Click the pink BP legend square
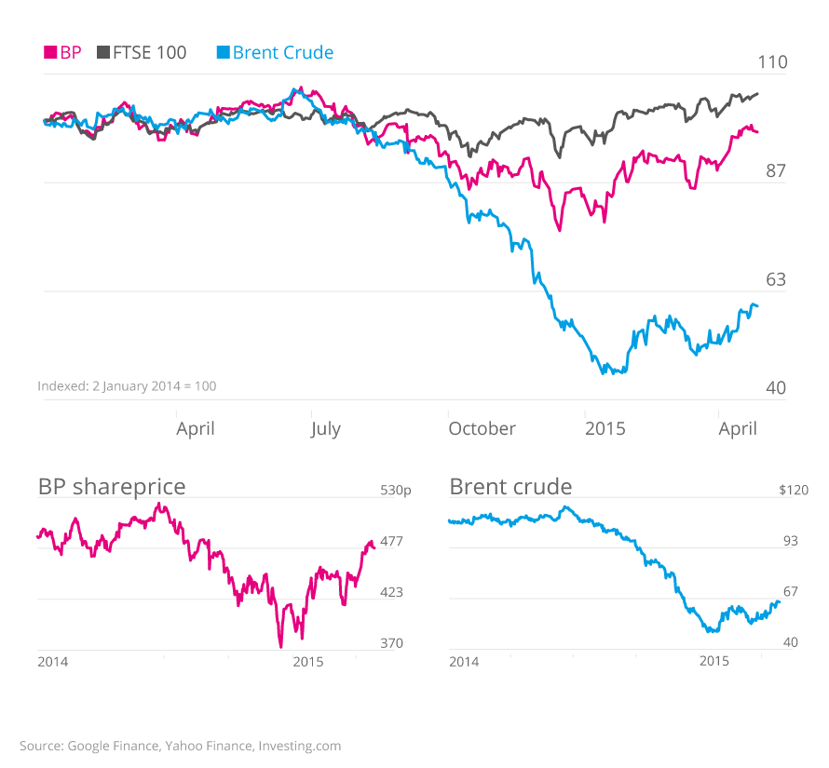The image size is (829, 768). (50, 53)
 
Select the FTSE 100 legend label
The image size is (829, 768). (149, 53)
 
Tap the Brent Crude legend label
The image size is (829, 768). (282, 53)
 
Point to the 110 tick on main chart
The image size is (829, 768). (772, 62)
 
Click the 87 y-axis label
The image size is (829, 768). (775, 171)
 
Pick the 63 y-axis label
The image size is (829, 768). (775, 279)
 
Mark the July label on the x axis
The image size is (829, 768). (325, 428)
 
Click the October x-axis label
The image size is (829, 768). (482, 428)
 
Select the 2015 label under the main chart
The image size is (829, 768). (605, 428)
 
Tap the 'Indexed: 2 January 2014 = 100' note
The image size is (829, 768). (127, 385)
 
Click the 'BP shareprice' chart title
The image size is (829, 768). (112, 486)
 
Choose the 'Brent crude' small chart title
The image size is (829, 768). (510, 486)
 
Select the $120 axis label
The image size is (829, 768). (794, 490)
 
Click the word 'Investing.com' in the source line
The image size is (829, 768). (300, 746)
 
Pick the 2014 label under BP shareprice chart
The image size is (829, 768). (52, 661)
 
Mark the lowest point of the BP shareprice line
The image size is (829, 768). (280, 646)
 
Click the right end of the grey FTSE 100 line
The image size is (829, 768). (758, 93)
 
